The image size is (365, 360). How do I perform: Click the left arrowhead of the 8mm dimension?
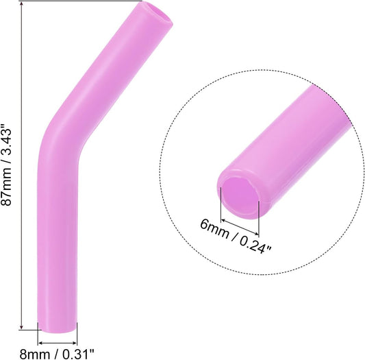[40, 341]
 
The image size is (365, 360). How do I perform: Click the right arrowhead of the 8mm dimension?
[75, 341]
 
